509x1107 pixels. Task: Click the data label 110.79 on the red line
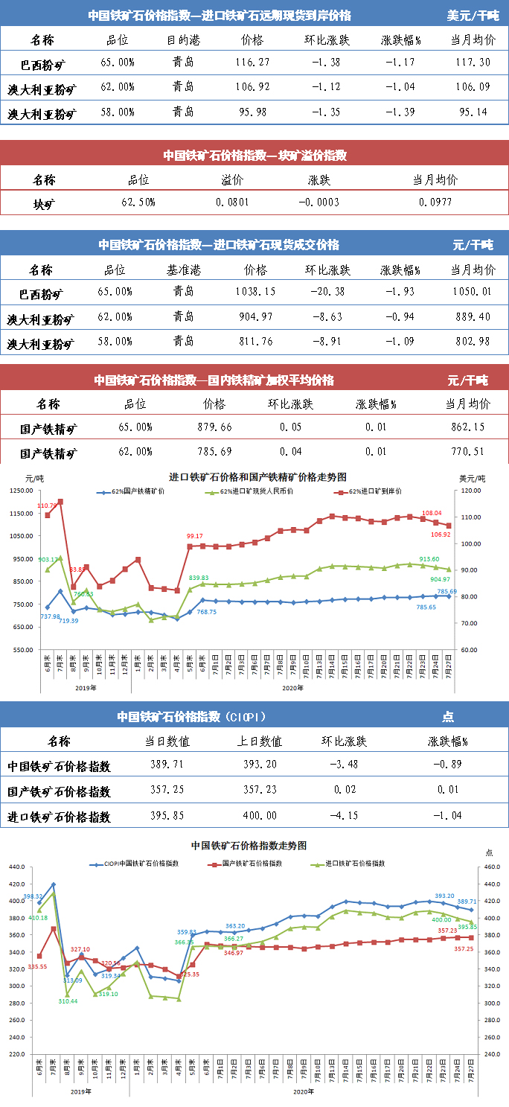point(47,506)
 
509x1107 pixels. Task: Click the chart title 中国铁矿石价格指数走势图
point(249,846)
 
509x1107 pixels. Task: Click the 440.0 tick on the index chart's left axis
point(17,867)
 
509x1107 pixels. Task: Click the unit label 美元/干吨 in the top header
point(473,15)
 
